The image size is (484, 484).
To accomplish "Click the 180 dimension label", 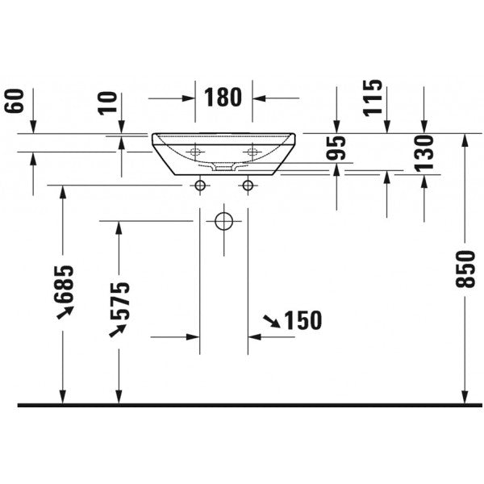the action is pyautogui.click(x=223, y=98).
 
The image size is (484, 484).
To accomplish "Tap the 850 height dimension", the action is pyautogui.click(x=465, y=269).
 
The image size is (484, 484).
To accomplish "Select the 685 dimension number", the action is pyautogui.click(x=64, y=284).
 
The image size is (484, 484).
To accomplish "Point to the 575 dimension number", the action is pyautogui.click(x=119, y=301).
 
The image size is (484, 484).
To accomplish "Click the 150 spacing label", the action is pyautogui.click(x=302, y=320).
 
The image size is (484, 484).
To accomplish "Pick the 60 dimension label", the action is pyautogui.click(x=15, y=101).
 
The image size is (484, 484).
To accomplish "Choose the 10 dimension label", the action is pyautogui.click(x=108, y=103).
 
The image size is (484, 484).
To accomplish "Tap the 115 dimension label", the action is pyautogui.click(x=373, y=98).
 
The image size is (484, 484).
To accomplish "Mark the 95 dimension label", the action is pyautogui.click(x=336, y=148).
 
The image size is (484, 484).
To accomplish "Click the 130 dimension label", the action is pyautogui.click(x=423, y=153).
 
